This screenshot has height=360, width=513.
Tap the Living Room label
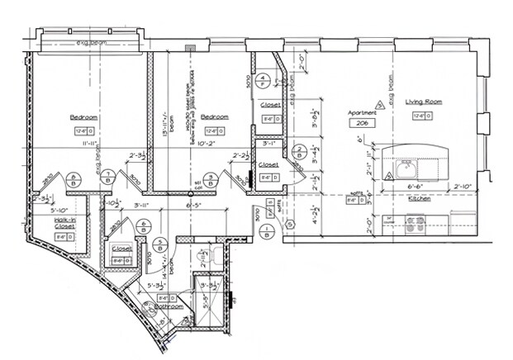(x=424, y=102)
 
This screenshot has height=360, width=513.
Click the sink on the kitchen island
(x=404, y=170)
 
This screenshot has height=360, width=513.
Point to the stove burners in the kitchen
(x=413, y=221)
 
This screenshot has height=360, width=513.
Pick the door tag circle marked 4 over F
(x=262, y=81)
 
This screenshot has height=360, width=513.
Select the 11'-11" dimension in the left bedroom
(x=85, y=143)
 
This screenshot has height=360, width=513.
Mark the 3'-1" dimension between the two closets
(x=268, y=143)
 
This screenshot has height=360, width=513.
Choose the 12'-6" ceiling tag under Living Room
(x=424, y=116)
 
